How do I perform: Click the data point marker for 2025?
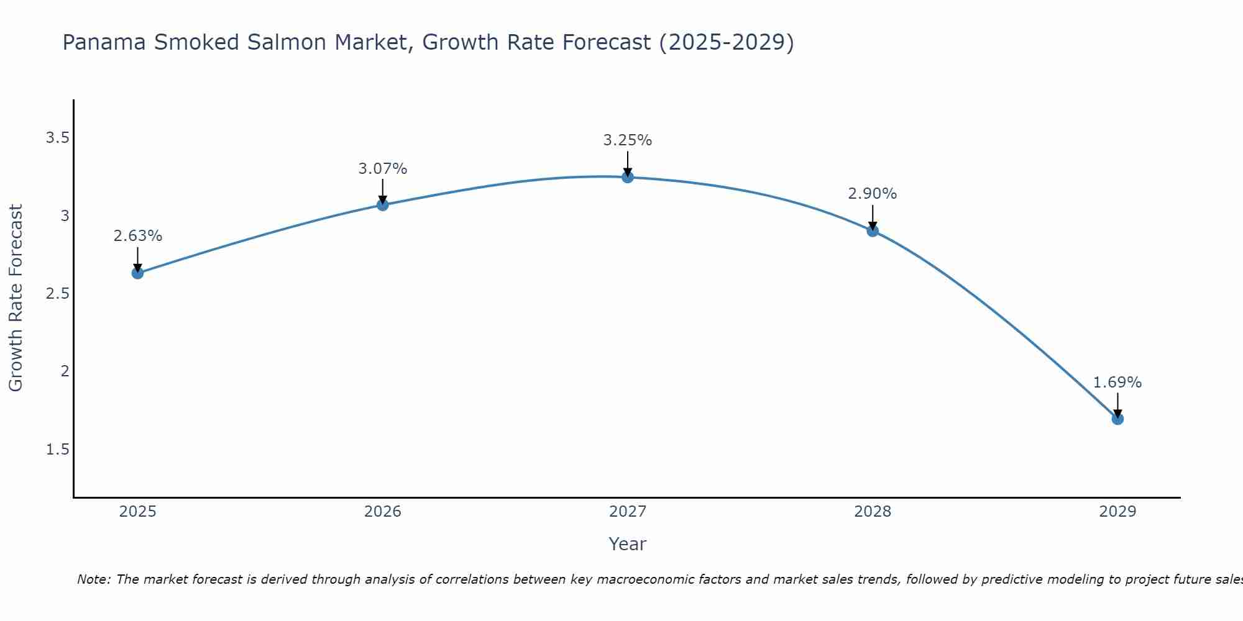point(137,273)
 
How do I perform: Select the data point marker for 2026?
point(383,205)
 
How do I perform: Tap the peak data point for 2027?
point(628,177)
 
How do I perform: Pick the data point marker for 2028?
point(873,231)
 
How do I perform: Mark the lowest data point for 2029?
point(1117,419)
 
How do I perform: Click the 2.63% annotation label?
point(137,236)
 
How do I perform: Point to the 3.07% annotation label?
point(383,168)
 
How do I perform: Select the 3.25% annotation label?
point(628,140)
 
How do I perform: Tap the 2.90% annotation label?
point(873,194)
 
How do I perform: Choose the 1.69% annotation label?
point(1117,383)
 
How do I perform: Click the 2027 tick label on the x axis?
point(628,512)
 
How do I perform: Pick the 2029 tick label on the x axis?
point(1117,512)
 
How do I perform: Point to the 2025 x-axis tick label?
point(137,512)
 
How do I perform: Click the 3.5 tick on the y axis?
point(57,138)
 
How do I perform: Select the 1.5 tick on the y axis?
point(57,450)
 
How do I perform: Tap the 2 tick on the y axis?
point(64,371)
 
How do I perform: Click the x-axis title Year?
point(628,544)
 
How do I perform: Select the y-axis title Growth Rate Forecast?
point(16,298)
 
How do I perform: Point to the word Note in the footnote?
point(93,579)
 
